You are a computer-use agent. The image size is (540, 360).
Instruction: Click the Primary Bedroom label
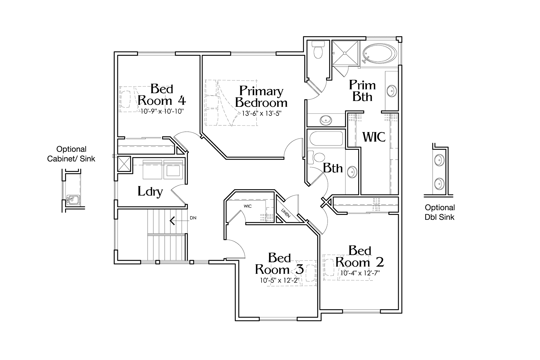click(x=261, y=97)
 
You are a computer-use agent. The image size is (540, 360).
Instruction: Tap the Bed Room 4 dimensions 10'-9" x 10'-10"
click(x=162, y=111)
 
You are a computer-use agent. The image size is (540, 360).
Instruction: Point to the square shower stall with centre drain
click(x=345, y=53)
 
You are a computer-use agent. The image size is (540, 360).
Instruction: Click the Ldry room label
click(x=150, y=191)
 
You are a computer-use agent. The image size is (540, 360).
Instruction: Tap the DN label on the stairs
click(x=193, y=218)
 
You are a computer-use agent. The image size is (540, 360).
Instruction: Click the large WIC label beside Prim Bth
click(x=374, y=137)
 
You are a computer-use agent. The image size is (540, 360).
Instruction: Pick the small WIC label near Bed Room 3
click(x=247, y=206)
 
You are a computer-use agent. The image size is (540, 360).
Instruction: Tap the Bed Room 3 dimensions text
click(x=280, y=280)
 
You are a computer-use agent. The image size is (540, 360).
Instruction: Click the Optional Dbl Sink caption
click(x=440, y=212)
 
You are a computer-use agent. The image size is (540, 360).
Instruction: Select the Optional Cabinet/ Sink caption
click(x=71, y=154)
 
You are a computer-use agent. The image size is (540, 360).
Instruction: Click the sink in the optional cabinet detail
click(x=72, y=199)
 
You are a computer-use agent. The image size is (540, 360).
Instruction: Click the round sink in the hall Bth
click(x=352, y=172)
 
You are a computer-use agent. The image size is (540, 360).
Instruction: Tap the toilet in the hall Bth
click(x=316, y=157)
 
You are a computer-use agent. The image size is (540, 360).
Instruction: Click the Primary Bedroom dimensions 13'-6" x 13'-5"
click(x=262, y=113)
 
